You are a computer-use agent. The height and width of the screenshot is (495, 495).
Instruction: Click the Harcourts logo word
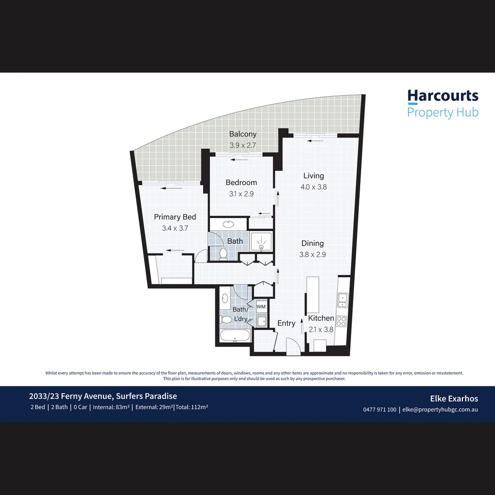pos(443,96)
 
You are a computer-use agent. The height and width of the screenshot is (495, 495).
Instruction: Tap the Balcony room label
pos(242,134)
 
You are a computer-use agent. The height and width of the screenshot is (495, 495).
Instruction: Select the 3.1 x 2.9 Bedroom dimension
pos(241,194)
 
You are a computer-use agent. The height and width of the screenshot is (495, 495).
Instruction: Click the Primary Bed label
pos(175,217)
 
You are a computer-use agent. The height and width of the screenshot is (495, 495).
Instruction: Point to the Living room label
pos(313,176)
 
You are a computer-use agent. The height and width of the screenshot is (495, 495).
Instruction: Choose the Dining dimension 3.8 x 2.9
pos(313,255)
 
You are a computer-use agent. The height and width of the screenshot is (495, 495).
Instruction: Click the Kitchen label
pos(321,318)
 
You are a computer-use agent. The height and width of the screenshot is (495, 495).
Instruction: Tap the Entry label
pos(286,323)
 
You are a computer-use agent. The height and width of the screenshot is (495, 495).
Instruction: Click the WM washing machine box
pos(261,306)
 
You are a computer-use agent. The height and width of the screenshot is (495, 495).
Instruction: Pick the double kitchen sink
pos(342,300)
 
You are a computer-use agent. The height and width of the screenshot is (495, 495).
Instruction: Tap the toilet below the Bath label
pos(224,253)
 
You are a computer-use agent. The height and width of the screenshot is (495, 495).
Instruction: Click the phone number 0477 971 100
pos(379,410)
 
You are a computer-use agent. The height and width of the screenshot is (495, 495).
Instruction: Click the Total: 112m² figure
pos(192,407)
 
